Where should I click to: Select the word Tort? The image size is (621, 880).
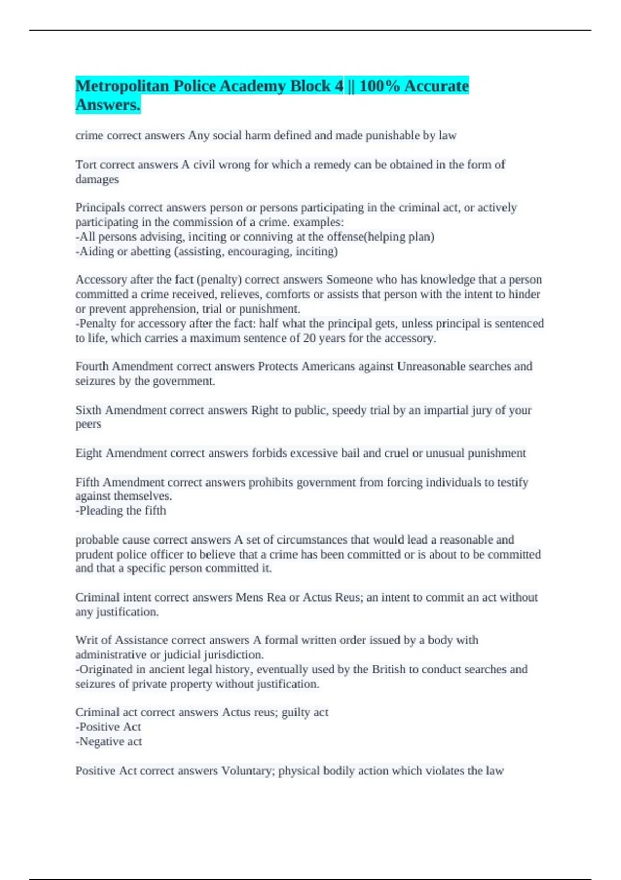(85, 165)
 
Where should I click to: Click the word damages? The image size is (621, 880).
(97, 180)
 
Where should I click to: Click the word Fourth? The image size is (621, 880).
(92, 366)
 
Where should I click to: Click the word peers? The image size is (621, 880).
(88, 424)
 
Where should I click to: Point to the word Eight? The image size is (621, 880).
(88, 453)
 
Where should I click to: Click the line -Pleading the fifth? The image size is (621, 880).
(121, 511)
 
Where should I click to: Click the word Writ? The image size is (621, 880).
(85, 640)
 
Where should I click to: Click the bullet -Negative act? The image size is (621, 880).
(109, 742)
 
